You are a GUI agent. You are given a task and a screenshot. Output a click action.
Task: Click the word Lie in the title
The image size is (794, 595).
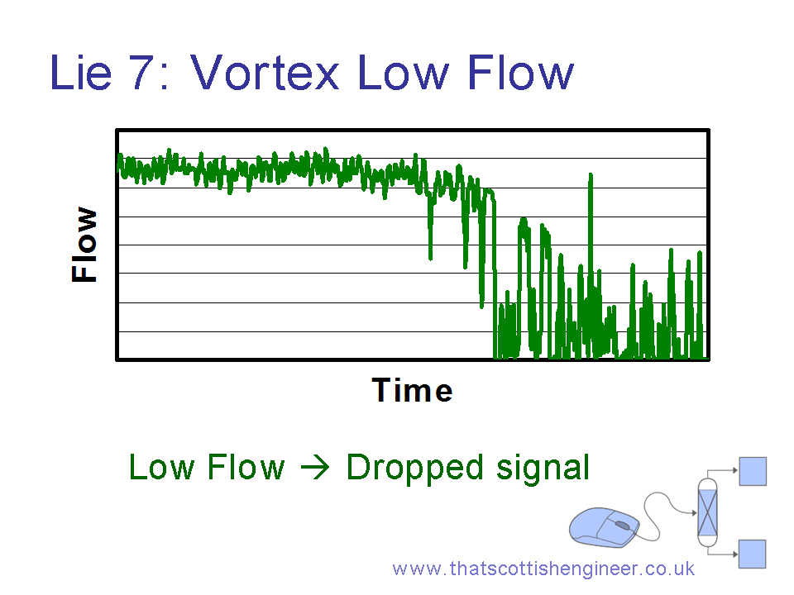[80, 73]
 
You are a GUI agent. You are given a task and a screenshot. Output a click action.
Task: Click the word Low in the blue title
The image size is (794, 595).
[403, 73]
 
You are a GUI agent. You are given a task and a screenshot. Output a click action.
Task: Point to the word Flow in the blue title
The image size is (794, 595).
[520, 73]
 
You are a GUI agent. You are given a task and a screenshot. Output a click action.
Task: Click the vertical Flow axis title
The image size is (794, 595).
[84, 245]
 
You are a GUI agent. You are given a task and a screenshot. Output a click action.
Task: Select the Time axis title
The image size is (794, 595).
[412, 391]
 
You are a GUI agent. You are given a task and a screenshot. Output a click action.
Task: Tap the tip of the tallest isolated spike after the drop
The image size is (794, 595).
[591, 174]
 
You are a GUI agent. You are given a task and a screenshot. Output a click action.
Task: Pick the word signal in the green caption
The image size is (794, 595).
[543, 468]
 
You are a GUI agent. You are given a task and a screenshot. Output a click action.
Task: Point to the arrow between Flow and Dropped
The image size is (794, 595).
[315, 467]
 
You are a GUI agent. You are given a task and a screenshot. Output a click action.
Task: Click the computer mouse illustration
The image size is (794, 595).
[604, 527]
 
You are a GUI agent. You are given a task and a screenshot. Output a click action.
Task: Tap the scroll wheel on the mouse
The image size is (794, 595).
[622, 526]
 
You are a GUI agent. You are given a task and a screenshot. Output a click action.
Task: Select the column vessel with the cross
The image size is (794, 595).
[707, 512]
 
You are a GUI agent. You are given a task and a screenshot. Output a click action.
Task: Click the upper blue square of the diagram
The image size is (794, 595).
[753, 471]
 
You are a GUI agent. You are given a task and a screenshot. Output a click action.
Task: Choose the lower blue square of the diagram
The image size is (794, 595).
[752, 554]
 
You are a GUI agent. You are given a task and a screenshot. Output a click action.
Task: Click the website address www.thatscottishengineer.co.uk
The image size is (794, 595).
[543, 569]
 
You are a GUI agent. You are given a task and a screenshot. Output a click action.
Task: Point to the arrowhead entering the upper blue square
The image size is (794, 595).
[735, 470]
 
